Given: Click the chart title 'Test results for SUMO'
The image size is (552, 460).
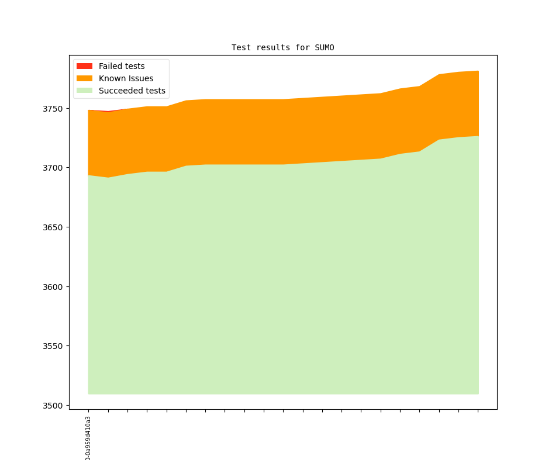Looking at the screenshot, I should coord(282,47).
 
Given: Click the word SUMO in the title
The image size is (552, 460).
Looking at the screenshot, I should coord(325,47).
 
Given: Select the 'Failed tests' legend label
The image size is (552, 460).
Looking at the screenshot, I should coord(121,66).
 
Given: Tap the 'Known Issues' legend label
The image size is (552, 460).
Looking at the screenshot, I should coord(126,78).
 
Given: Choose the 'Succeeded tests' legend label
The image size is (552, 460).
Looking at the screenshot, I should coord(132,91).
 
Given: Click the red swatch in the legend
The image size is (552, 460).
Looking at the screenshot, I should coord(85,66).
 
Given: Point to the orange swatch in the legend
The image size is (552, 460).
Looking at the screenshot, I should coord(85,78).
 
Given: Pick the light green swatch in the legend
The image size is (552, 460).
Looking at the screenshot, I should coord(85,91).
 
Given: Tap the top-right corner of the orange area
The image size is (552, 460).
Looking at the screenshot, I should coord(478,71).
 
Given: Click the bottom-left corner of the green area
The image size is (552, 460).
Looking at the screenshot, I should coord(88,393).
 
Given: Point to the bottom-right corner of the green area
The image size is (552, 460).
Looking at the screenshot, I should coord(478,393).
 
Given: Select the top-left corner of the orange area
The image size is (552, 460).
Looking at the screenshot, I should coord(88,110).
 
